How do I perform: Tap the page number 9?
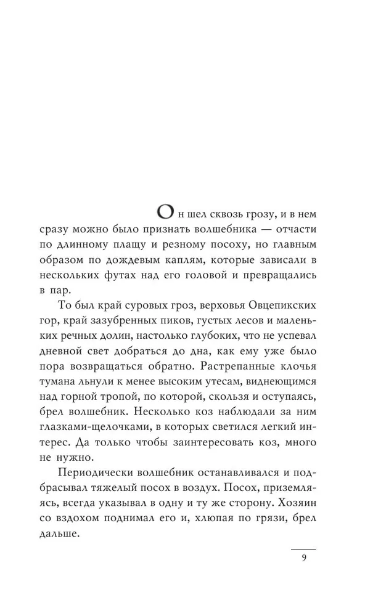click(304, 559)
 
